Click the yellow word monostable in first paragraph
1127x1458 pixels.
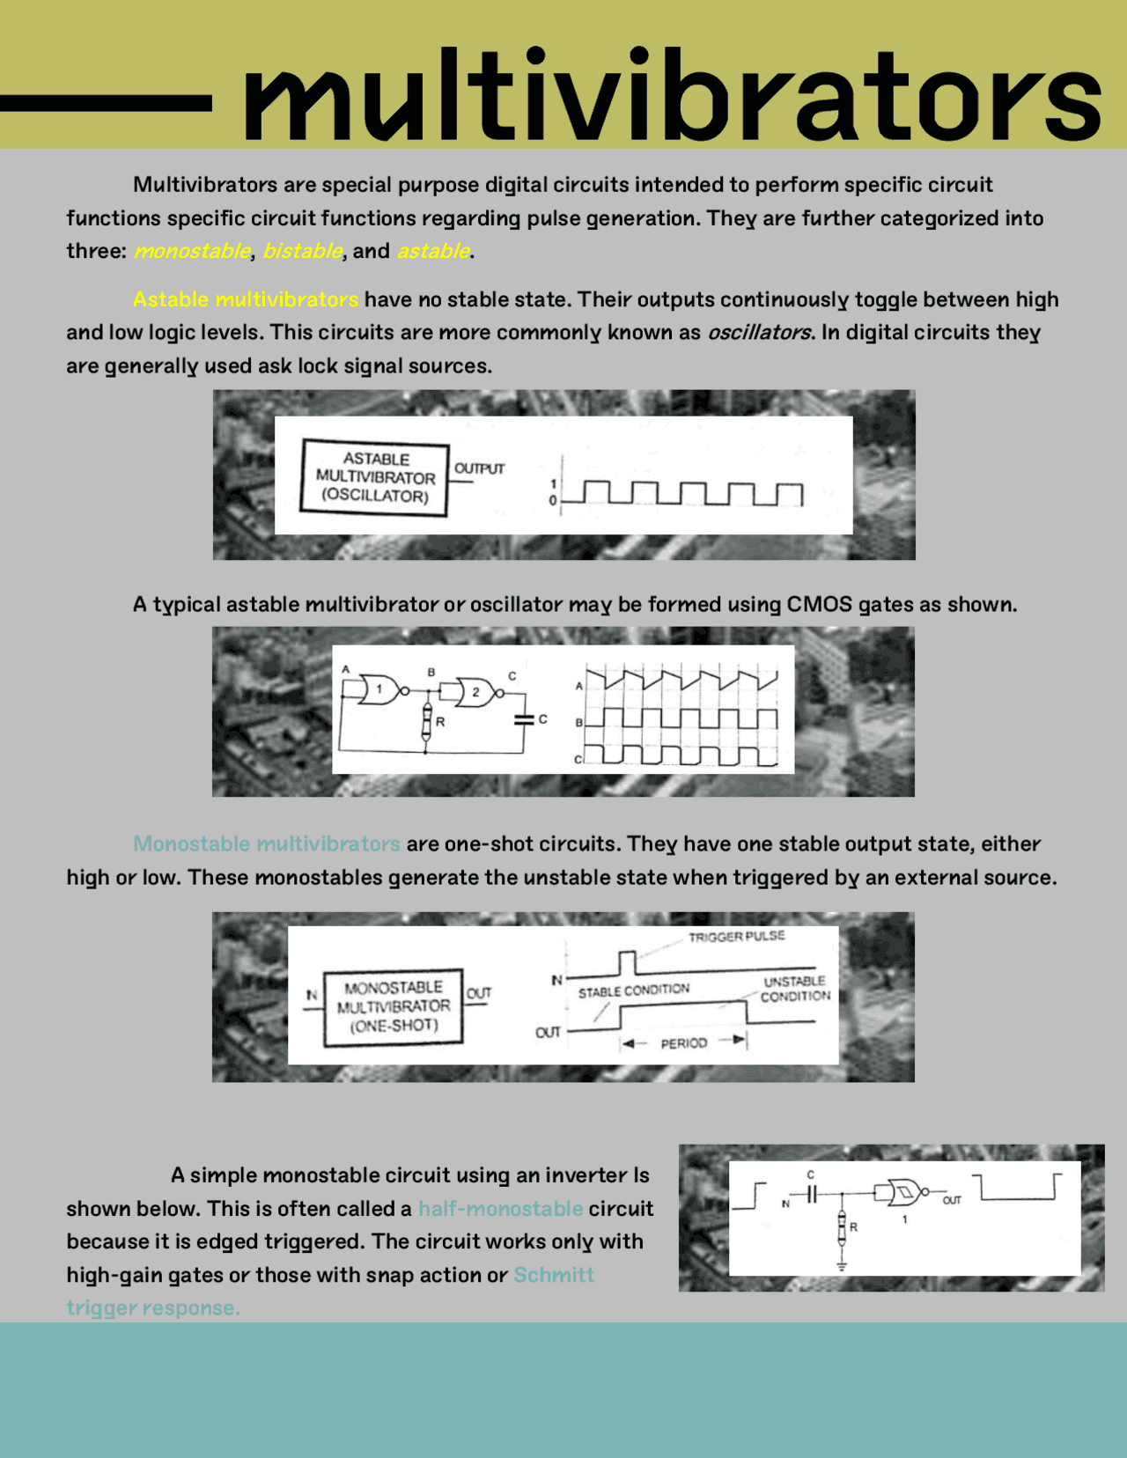pos(192,251)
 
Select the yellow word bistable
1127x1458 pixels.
pos(302,251)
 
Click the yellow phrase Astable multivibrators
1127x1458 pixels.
pos(246,299)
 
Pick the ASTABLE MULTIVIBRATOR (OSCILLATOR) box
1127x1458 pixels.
pos(374,477)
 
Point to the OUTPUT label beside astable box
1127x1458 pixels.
pos(480,468)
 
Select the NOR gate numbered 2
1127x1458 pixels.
pos(476,692)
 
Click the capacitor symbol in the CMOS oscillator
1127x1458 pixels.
pos(524,719)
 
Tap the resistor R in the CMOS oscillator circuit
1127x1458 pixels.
pos(427,722)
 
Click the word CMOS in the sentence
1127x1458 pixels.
pos(819,605)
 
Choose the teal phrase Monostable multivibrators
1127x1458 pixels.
pos(266,843)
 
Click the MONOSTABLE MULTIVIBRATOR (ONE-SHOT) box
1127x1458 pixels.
pos(393,1006)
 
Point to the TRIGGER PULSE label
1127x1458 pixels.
pos(736,937)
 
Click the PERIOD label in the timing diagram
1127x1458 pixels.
pos(684,1043)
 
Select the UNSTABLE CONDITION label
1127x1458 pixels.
pos(795,989)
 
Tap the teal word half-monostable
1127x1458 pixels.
pos(500,1209)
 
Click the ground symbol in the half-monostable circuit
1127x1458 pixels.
pos(842,1266)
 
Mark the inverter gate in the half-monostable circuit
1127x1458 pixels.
pos(903,1194)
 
